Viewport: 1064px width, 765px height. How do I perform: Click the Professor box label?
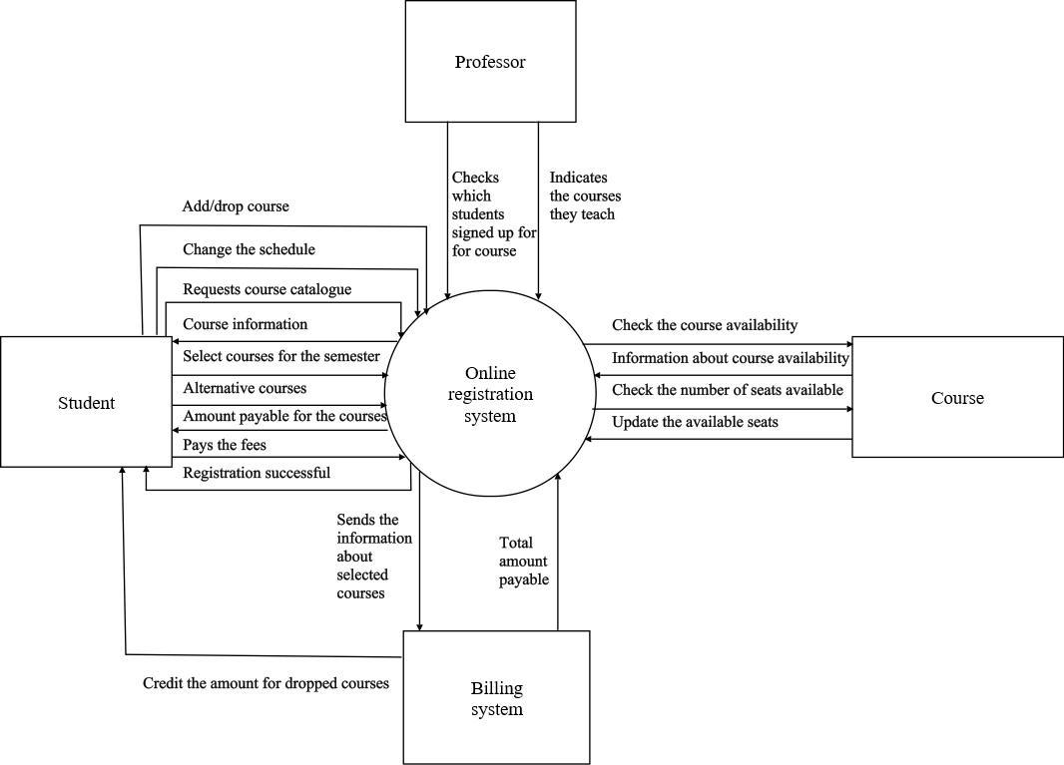pyautogui.click(x=490, y=62)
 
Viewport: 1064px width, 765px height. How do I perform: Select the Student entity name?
pyautogui.click(x=86, y=403)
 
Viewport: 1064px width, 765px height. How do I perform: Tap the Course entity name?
pyautogui.click(x=957, y=398)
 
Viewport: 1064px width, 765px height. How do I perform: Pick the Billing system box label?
pyautogui.click(x=496, y=699)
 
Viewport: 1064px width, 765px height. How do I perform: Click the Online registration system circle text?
pyautogui.click(x=490, y=395)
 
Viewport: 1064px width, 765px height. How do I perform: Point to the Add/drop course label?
pyautogui.click(x=236, y=206)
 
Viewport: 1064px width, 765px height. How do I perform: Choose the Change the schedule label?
pyautogui.click(x=249, y=249)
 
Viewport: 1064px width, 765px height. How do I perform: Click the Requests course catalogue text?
pyautogui.click(x=266, y=289)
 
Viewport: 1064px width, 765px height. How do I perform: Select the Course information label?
pyautogui.click(x=245, y=324)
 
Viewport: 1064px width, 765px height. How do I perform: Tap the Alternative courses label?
pyautogui.click(x=245, y=388)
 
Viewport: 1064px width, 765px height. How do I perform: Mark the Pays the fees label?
pyautogui.click(x=225, y=445)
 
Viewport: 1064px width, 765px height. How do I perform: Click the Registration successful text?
pyautogui.click(x=257, y=473)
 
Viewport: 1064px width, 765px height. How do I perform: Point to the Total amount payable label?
pyautogui.click(x=524, y=561)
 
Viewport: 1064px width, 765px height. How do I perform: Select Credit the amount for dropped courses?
pyautogui.click(x=266, y=683)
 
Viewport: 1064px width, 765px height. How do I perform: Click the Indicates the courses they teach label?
pyautogui.click(x=584, y=195)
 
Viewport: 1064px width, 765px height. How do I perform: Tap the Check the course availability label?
pyautogui.click(x=705, y=325)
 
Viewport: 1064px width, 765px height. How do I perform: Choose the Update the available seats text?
pyautogui.click(x=695, y=422)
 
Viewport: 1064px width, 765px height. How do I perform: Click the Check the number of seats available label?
pyautogui.click(x=727, y=390)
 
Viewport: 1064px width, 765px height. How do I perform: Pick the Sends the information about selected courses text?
pyautogui.click(x=374, y=557)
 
